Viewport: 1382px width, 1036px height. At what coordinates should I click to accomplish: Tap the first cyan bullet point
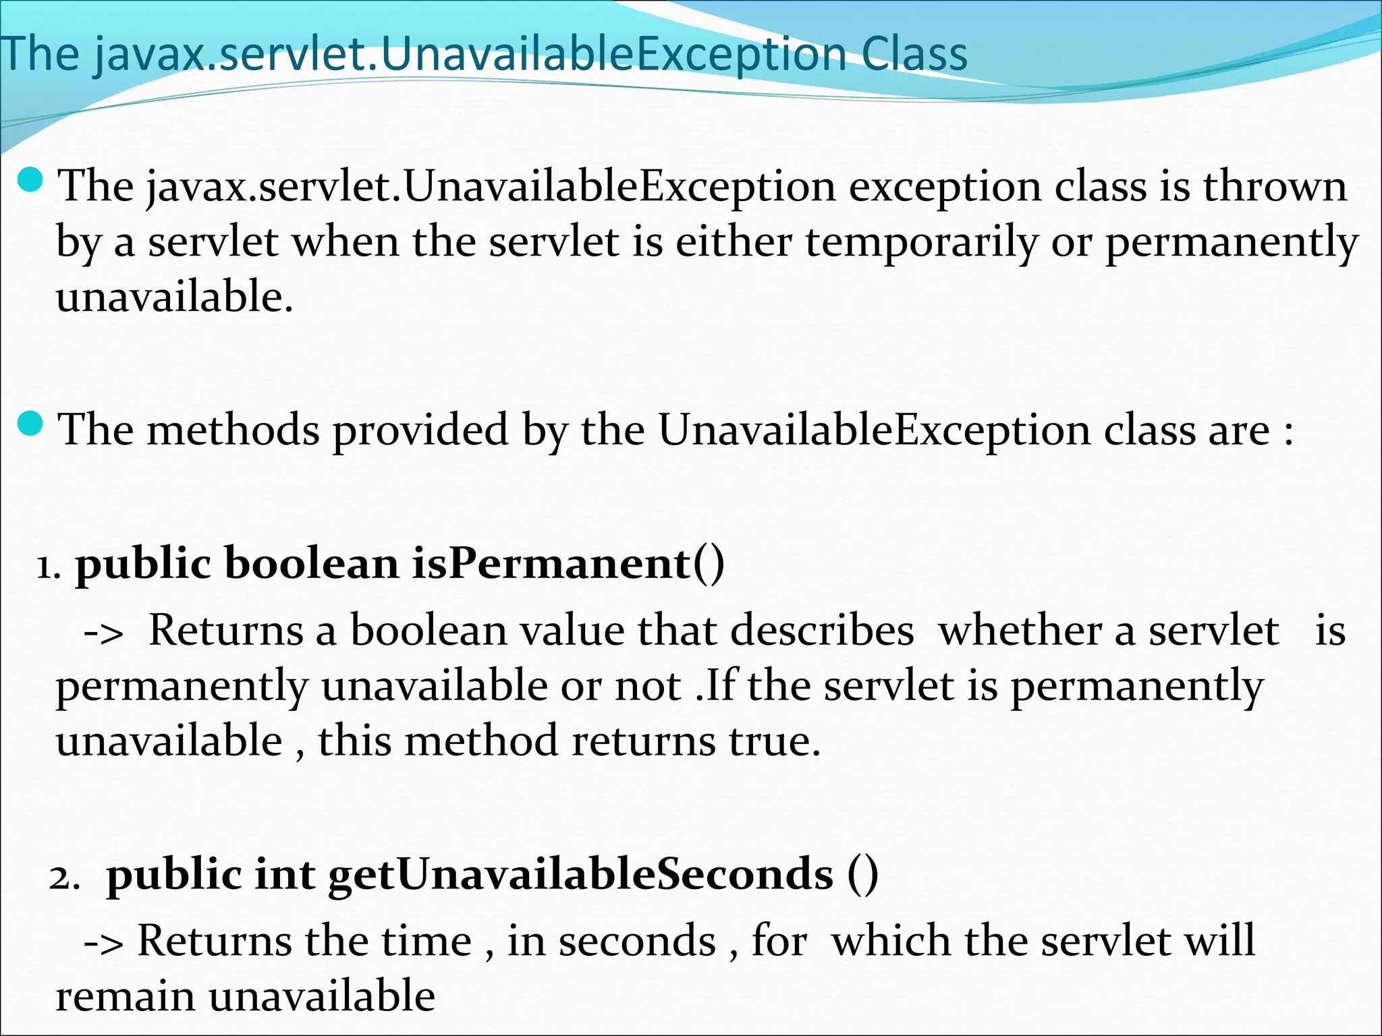pos(30,180)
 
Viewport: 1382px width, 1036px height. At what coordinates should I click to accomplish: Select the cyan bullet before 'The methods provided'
pos(30,424)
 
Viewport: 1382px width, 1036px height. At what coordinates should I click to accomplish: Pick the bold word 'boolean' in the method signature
pos(312,563)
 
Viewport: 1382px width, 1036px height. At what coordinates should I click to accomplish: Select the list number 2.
pos(63,878)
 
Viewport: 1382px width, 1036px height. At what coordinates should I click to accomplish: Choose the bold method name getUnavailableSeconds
pos(581,875)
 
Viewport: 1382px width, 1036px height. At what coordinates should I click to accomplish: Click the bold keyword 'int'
pos(284,875)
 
